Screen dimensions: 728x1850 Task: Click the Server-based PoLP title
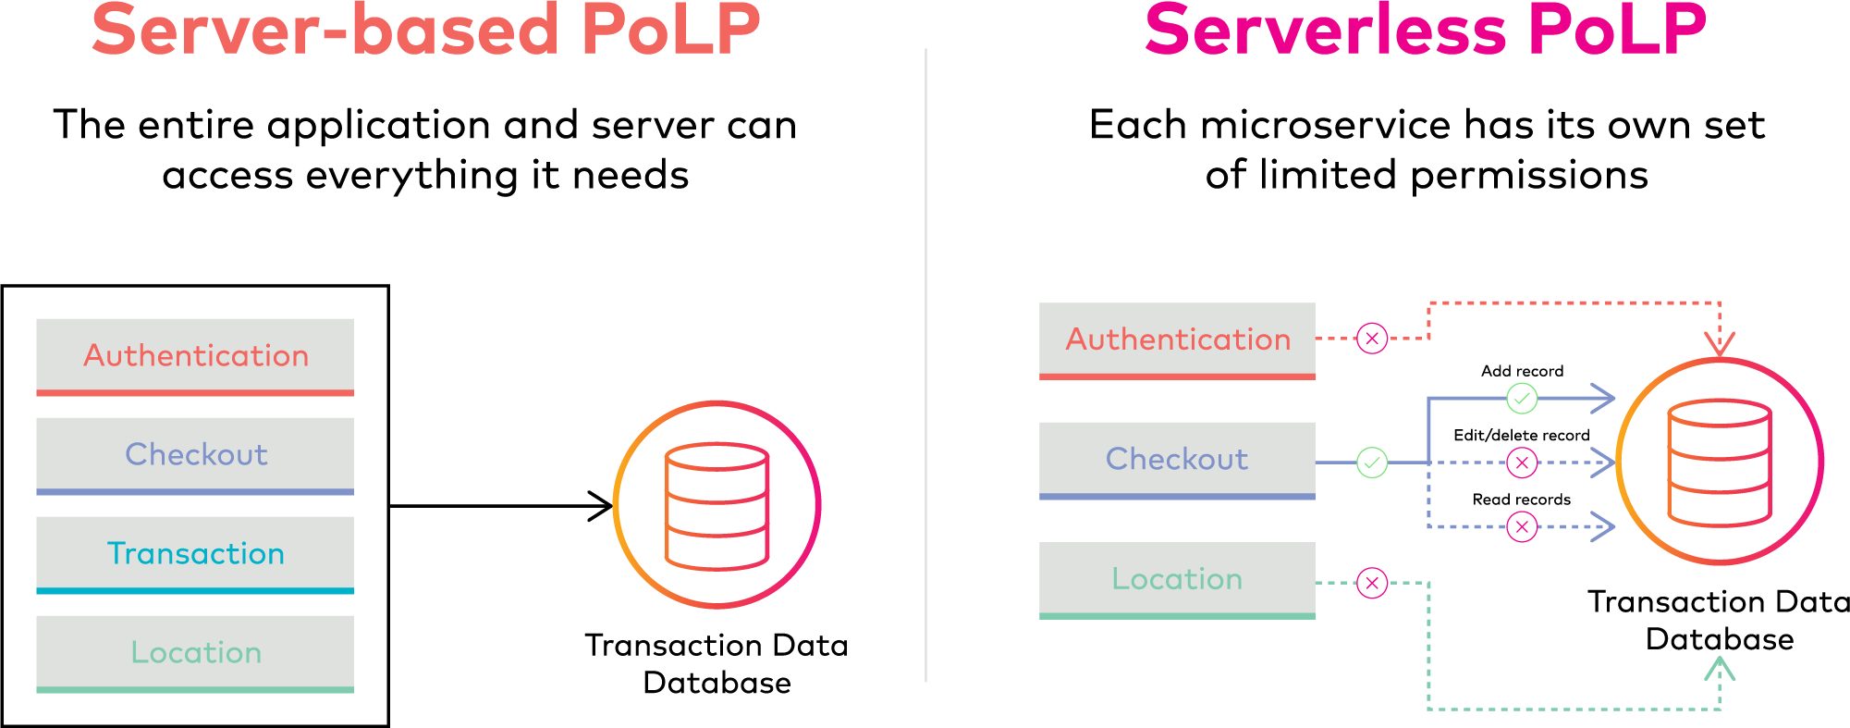click(425, 30)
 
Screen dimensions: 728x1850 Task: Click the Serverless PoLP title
click(1425, 30)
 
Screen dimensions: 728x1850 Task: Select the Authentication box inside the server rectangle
click(195, 356)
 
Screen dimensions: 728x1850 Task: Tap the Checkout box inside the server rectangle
click(195, 455)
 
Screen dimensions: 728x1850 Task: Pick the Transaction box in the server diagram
click(195, 554)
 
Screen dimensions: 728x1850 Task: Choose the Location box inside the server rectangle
click(195, 653)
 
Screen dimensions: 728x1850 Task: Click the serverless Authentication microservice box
click(1177, 339)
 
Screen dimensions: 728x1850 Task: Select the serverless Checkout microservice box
click(1177, 460)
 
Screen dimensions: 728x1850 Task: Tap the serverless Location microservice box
click(1177, 579)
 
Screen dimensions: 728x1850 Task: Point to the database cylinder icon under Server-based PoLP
click(717, 505)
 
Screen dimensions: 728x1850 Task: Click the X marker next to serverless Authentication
click(1372, 339)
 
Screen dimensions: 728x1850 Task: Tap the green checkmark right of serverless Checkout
click(1372, 462)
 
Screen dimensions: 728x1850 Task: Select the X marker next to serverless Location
click(1372, 583)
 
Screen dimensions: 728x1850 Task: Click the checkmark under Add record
click(1522, 399)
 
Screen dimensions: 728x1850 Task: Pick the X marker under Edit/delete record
click(1522, 463)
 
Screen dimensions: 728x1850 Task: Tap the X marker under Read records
click(1522, 527)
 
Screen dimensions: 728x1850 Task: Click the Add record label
click(1522, 371)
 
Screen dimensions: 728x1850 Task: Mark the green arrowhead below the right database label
click(1720, 668)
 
